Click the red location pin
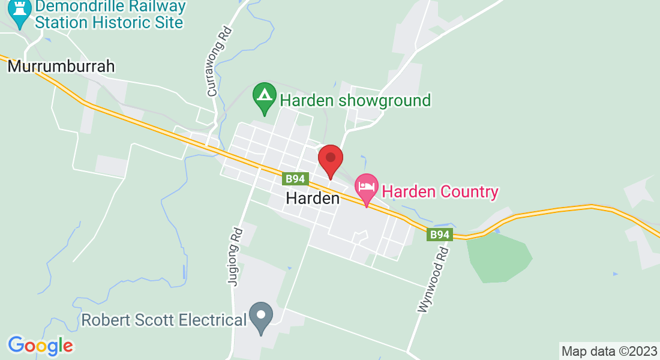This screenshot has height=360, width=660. [x=330, y=159]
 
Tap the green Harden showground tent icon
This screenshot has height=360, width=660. [x=264, y=97]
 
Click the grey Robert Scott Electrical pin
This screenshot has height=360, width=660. [x=261, y=316]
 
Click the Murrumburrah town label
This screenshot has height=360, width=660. [x=61, y=66]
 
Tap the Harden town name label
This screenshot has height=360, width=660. [x=313, y=198]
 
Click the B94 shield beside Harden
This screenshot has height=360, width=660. [x=295, y=179]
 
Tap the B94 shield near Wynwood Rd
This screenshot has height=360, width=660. [x=440, y=235]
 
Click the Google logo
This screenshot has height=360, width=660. [x=40, y=346]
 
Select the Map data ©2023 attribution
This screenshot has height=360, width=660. [x=609, y=351]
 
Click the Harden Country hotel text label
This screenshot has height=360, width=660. [x=440, y=192]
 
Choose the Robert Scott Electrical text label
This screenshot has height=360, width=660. [x=164, y=320]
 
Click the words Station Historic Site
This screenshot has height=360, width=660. [x=109, y=23]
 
